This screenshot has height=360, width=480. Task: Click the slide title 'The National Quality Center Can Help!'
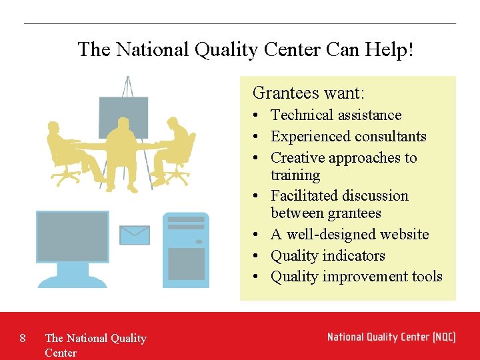[245, 49]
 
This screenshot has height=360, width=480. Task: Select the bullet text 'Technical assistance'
[335, 115]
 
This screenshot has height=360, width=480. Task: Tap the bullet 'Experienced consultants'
[348, 137]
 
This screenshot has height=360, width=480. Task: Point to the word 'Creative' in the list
[297, 158]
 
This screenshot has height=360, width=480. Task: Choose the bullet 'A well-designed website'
[349, 235]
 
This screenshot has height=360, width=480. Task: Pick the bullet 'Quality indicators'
[327, 256]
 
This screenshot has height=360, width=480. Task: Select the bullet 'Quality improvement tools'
[356, 277]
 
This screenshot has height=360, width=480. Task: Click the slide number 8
[23, 338]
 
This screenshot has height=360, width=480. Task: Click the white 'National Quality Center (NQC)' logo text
[391, 337]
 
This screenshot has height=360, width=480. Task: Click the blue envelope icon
[135, 235]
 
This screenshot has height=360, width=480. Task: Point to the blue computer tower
[186, 250]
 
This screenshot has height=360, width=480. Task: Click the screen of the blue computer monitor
[73, 237]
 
